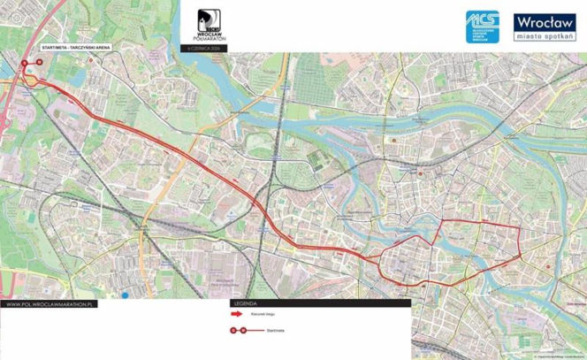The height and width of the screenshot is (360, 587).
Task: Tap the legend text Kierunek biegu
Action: pos(277,314)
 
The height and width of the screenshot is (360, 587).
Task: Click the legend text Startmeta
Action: pos(275,330)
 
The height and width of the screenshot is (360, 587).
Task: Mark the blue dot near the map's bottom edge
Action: pos(126,294)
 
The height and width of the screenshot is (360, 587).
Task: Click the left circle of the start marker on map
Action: pos(25,63)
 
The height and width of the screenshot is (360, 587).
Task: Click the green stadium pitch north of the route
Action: pos(316,158)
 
